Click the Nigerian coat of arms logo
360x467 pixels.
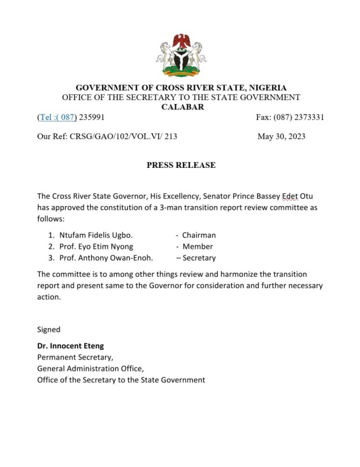pyautogui.click(x=181, y=56)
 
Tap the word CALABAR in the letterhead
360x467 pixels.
pyautogui.click(x=183, y=107)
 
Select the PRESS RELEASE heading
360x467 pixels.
pyautogui.click(x=181, y=165)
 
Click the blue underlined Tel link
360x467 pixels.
pyautogui.click(x=57, y=117)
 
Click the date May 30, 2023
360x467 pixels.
pyautogui.click(x=281, y=136)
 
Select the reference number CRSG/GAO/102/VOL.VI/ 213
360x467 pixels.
pyautogui.click(x=123, y=136)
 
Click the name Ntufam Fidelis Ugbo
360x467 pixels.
pyautogui.click(x=96, y=235)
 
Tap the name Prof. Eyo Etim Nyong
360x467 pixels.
pyautogui.click(x=96, y=246)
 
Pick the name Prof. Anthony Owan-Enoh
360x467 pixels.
pyautogui.click(x=106, y=258)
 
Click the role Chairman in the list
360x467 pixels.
pyautogui.click(x=199, y=235)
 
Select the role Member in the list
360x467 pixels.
pyautogui.click(x=198, y=246)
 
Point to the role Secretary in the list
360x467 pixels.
pyautogui.click(x=199, y=258)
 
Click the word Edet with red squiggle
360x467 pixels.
pyautogui.click(x=290, y=196)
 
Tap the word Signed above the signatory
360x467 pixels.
pyautogui.click(x=48, y=329)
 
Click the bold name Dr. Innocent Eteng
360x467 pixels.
pyautogui.click(x=70, y=346)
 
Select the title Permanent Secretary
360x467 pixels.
pyautogui.click(x=75, y=357)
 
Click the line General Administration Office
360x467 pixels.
pyautogui.click(x=93, y=368)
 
